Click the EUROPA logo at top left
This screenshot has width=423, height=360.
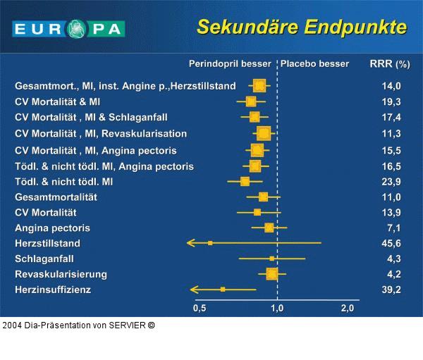tap(68, 29)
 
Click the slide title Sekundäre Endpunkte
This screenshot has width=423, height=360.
tap(302, 27)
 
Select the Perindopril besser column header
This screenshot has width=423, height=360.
tap(230, 63)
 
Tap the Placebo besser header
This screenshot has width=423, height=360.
tap(314, 63)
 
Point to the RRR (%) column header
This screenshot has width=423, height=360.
tap(390, 63)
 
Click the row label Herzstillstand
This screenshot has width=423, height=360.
tap(48, 243)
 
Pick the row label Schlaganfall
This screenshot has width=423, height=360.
tap(44, 259)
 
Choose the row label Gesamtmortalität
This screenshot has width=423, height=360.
tap(56, 197)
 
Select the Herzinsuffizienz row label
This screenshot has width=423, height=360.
tap(53, 289)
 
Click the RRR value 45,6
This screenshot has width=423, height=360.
tap(391, 243)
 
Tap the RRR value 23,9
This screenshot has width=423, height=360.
tap(391, 182)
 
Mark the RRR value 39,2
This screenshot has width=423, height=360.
tap(391, 289)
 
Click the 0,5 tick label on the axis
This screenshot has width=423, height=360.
tap(200, 308)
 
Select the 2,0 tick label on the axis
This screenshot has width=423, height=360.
tap(347, 308)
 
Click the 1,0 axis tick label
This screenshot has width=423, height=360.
tap(277, 308)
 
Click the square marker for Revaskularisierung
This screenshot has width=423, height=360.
tap(271, 273)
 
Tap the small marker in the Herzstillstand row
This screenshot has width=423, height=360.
tap(210, 243)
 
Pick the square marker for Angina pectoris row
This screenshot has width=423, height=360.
tap(269, 228)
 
